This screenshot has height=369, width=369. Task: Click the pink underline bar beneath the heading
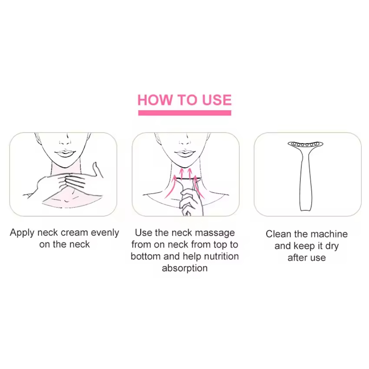pos(185,113)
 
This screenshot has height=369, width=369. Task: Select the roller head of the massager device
pos(306,144)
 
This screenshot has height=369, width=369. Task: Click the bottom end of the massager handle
pos(306,209)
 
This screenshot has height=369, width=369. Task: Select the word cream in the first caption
pos(74,233)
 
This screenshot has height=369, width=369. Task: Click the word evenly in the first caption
pos(105,233)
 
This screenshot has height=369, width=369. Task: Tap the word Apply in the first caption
pos(22,233)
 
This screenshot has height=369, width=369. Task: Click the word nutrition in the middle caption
pos(221,256)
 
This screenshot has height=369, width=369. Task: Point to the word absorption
pos(185,268)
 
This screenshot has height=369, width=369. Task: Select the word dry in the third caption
pos(332,246)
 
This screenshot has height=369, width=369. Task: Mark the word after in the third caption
pos(296,258)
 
